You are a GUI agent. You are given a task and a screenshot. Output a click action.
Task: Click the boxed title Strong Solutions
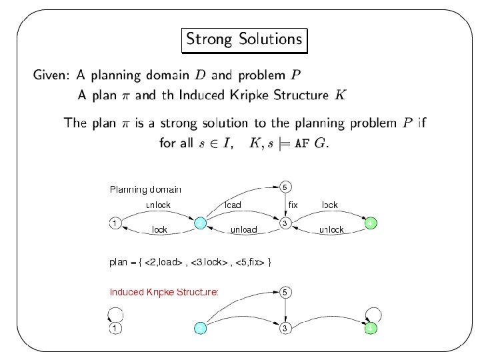pos(244,39)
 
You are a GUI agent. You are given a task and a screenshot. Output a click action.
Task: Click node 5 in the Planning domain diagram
pos(285,186)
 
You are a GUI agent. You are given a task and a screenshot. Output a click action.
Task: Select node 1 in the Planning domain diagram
pos(115,223)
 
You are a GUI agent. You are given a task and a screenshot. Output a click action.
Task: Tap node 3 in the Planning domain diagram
pos(285,223)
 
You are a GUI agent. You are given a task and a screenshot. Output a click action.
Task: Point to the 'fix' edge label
pos(293,205)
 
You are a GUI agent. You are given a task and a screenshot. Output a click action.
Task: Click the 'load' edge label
pos(233,205)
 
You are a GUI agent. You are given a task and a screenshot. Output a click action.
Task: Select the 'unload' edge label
pos(243,230)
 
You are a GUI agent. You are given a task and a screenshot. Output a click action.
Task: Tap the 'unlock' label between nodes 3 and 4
pos(331,230)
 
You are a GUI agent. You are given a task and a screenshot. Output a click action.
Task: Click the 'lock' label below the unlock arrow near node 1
pos(159,230)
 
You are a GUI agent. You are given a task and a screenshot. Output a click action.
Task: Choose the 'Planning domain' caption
pos(145,189)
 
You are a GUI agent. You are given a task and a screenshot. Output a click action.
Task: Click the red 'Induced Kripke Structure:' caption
pos(164,292)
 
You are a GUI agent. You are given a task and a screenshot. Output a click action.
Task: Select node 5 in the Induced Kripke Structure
pos(285,292)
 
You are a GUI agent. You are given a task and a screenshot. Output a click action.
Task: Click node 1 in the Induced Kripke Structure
pos(115,328)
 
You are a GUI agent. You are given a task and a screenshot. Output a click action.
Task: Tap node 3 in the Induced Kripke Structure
pos(285,328)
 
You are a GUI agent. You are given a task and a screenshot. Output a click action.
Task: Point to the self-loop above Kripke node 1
pos(115,312)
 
